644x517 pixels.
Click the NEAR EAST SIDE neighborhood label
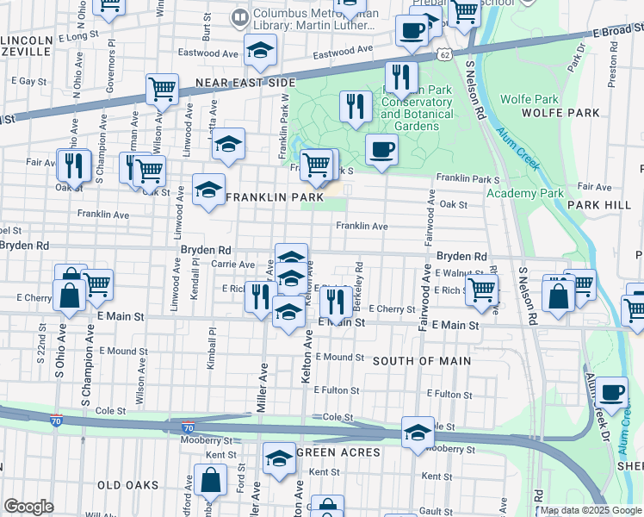pyautogui.click(x=245, y=83)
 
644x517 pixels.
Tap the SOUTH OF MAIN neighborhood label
pyautogui.click(x=421, y=360)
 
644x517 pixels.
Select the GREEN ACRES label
pyautogui.click(x=338, y=452)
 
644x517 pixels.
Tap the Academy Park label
pyautogui.click(x=524, y=193)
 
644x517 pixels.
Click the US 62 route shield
pyautogui.click(x=443, y=54)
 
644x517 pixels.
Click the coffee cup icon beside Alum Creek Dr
pyautogui.click(x=612, y=392)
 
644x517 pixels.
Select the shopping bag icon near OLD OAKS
pyautogui.click(x=209, y=480)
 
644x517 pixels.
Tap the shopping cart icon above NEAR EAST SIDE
pyautogui.click(x=162, y=89)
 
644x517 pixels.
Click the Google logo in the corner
pyautogui.click(x=28, y=507)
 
